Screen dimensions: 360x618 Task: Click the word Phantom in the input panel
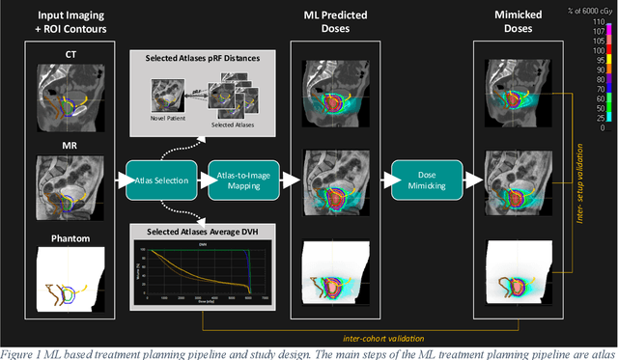pyautogui.click(x=70, y=236)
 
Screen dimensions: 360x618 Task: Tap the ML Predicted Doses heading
pyautogui.click(x=345, y=27)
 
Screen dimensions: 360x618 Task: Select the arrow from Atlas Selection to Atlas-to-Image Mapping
pyautogui.click(x=201, y=179)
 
